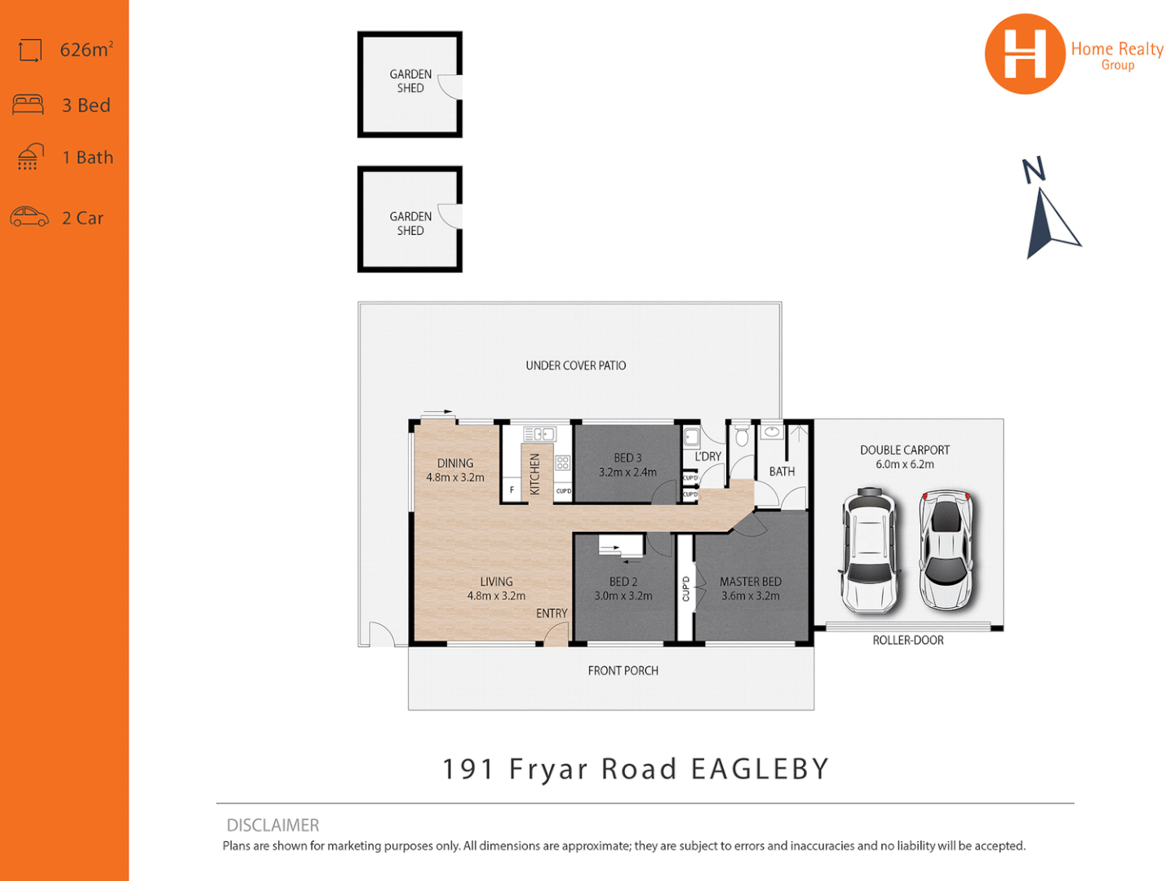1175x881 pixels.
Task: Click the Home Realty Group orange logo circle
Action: (1024, 54)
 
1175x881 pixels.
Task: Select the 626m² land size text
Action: (86, 50)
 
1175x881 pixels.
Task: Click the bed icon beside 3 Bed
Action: (29, 104)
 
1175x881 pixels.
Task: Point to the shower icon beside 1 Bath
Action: (30, 157)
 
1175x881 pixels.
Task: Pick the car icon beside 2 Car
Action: (29, 217)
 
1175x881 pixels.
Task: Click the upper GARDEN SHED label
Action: (410, 81)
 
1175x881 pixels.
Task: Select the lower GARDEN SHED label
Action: (410, 224)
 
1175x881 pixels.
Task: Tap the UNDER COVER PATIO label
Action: (575, 365)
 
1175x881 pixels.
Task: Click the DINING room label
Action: (454, 463)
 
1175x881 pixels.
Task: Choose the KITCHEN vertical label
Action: (535, 474)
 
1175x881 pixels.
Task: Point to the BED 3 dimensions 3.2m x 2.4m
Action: (627, 472)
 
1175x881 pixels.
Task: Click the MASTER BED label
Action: (750, 582)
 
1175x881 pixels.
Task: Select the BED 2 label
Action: (623, 582)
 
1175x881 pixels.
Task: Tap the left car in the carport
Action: (870, 551)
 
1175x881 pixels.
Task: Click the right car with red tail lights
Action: (946, 550)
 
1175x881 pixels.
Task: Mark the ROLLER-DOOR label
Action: (907, 640)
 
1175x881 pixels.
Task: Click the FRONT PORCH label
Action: (623, 671)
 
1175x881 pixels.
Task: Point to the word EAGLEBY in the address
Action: (760, 769)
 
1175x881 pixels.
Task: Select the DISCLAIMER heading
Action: (273, 826)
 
